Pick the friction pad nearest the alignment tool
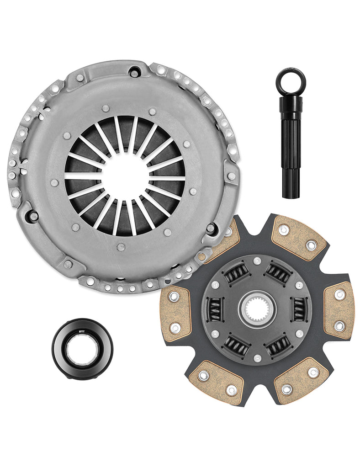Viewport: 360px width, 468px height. pos(299,238)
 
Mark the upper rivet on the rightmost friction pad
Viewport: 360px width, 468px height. pos(339,295)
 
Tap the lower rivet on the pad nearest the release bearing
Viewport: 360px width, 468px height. pos(175,328)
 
